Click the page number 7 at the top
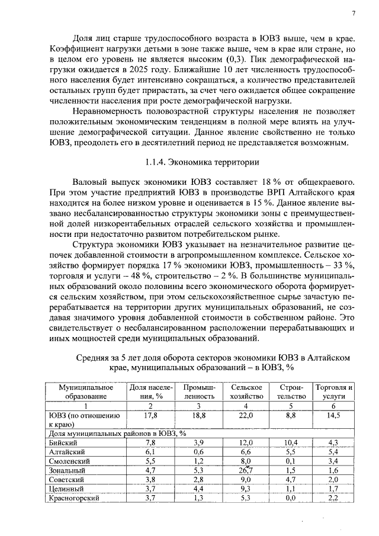coord(353,13)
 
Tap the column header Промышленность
coord(198,391)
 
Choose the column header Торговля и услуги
coord(334,391)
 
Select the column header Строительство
coord(290,391)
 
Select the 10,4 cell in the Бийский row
coord(290,442)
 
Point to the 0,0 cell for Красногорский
coord(290,498)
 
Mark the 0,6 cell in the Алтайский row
coord(198,451)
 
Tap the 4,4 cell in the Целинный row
coord(198,489)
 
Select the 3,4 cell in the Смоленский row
coord(333,461)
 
